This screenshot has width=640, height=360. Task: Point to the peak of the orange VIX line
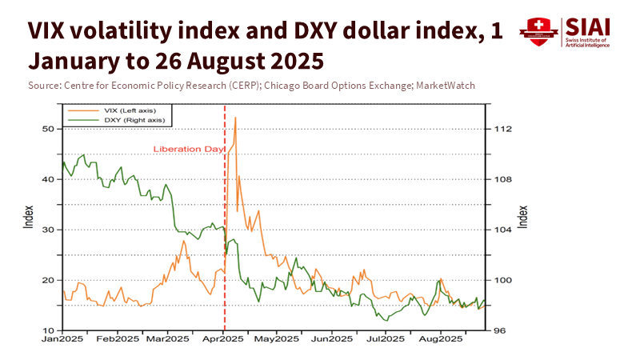(x=235, y=118)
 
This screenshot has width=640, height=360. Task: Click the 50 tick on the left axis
(x=47, y=129)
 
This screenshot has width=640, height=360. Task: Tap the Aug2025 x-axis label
(x=441, y=339)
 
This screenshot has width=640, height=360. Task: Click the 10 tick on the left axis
(x=47, y=330)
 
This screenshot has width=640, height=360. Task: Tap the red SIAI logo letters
(x=588, y=27)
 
